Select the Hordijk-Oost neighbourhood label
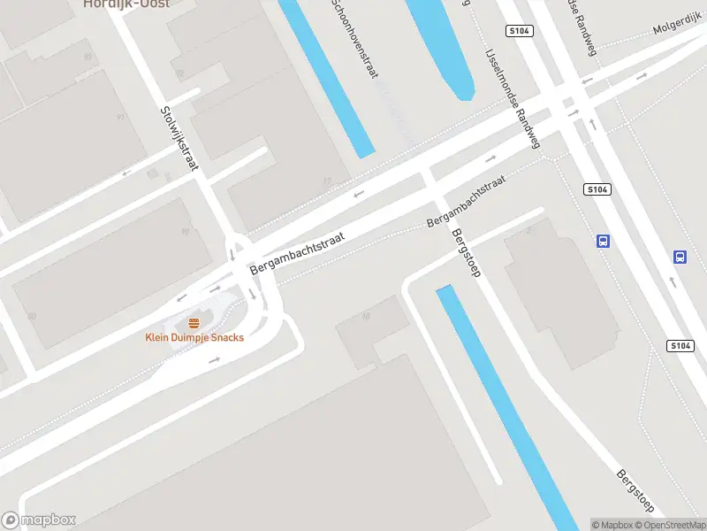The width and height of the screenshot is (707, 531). click(x=126, y=4)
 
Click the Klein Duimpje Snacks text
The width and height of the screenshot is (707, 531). click(x=194, y=337)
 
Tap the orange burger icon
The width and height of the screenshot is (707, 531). click(x=194, y=323)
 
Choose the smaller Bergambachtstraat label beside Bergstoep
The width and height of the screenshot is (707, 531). click(x=466, y=203)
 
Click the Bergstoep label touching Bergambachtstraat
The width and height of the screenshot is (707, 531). click(x=465, y=254)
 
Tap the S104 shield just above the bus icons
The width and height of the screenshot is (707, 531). click(x=598, y=189)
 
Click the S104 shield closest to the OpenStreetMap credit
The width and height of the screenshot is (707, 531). click(x=680, y=346)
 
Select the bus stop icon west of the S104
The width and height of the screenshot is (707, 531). click(x=604, y=241)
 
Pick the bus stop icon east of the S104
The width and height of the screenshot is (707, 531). click(x=680, y=257)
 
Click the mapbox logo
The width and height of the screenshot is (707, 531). click(x=39, y=520)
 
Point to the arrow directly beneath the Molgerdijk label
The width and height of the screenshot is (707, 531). click(x=641, y=73)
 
